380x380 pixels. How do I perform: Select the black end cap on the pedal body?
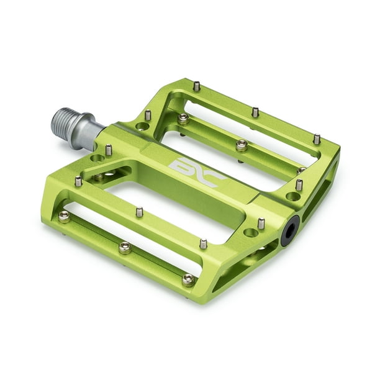pos(290,230)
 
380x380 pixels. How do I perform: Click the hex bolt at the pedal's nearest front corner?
pos(188,279)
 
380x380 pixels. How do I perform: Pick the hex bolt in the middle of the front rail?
pos(125,247)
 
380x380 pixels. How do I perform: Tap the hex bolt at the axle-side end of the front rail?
pos(64,215)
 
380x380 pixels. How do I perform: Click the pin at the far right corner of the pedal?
pos(317,138)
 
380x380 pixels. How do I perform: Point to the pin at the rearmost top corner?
pos(197,86)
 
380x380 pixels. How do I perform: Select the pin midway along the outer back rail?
pos(255,112)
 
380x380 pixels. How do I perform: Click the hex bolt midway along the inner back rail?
pos(242,145)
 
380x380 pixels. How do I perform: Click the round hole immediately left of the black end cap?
pos(251,232)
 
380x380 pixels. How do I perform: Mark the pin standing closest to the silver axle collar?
pos(109,149)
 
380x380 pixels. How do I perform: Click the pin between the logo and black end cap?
pos(261,222)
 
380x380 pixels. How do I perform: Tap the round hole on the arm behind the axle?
pos(142,126)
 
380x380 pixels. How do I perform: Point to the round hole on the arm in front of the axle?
pos(97,158)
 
